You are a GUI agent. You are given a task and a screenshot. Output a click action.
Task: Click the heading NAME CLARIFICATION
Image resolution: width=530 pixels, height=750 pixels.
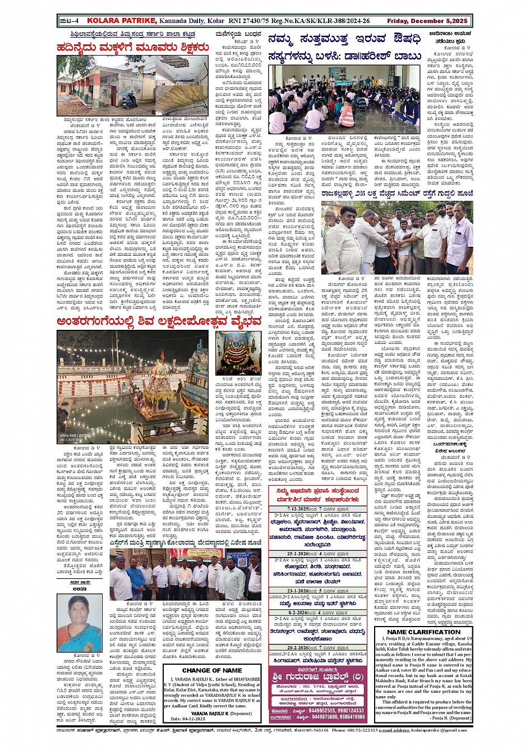pos(423,632)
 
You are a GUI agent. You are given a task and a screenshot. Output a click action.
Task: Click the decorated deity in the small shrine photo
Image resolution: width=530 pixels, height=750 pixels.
pos(238,356)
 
